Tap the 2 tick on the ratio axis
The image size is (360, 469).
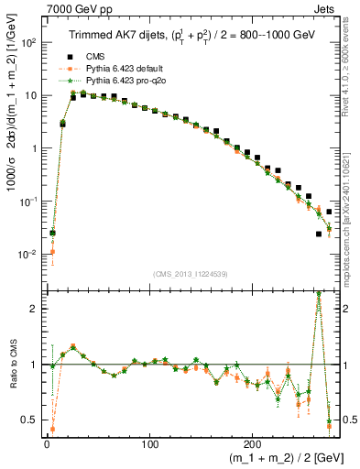(x=35, y=308)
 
